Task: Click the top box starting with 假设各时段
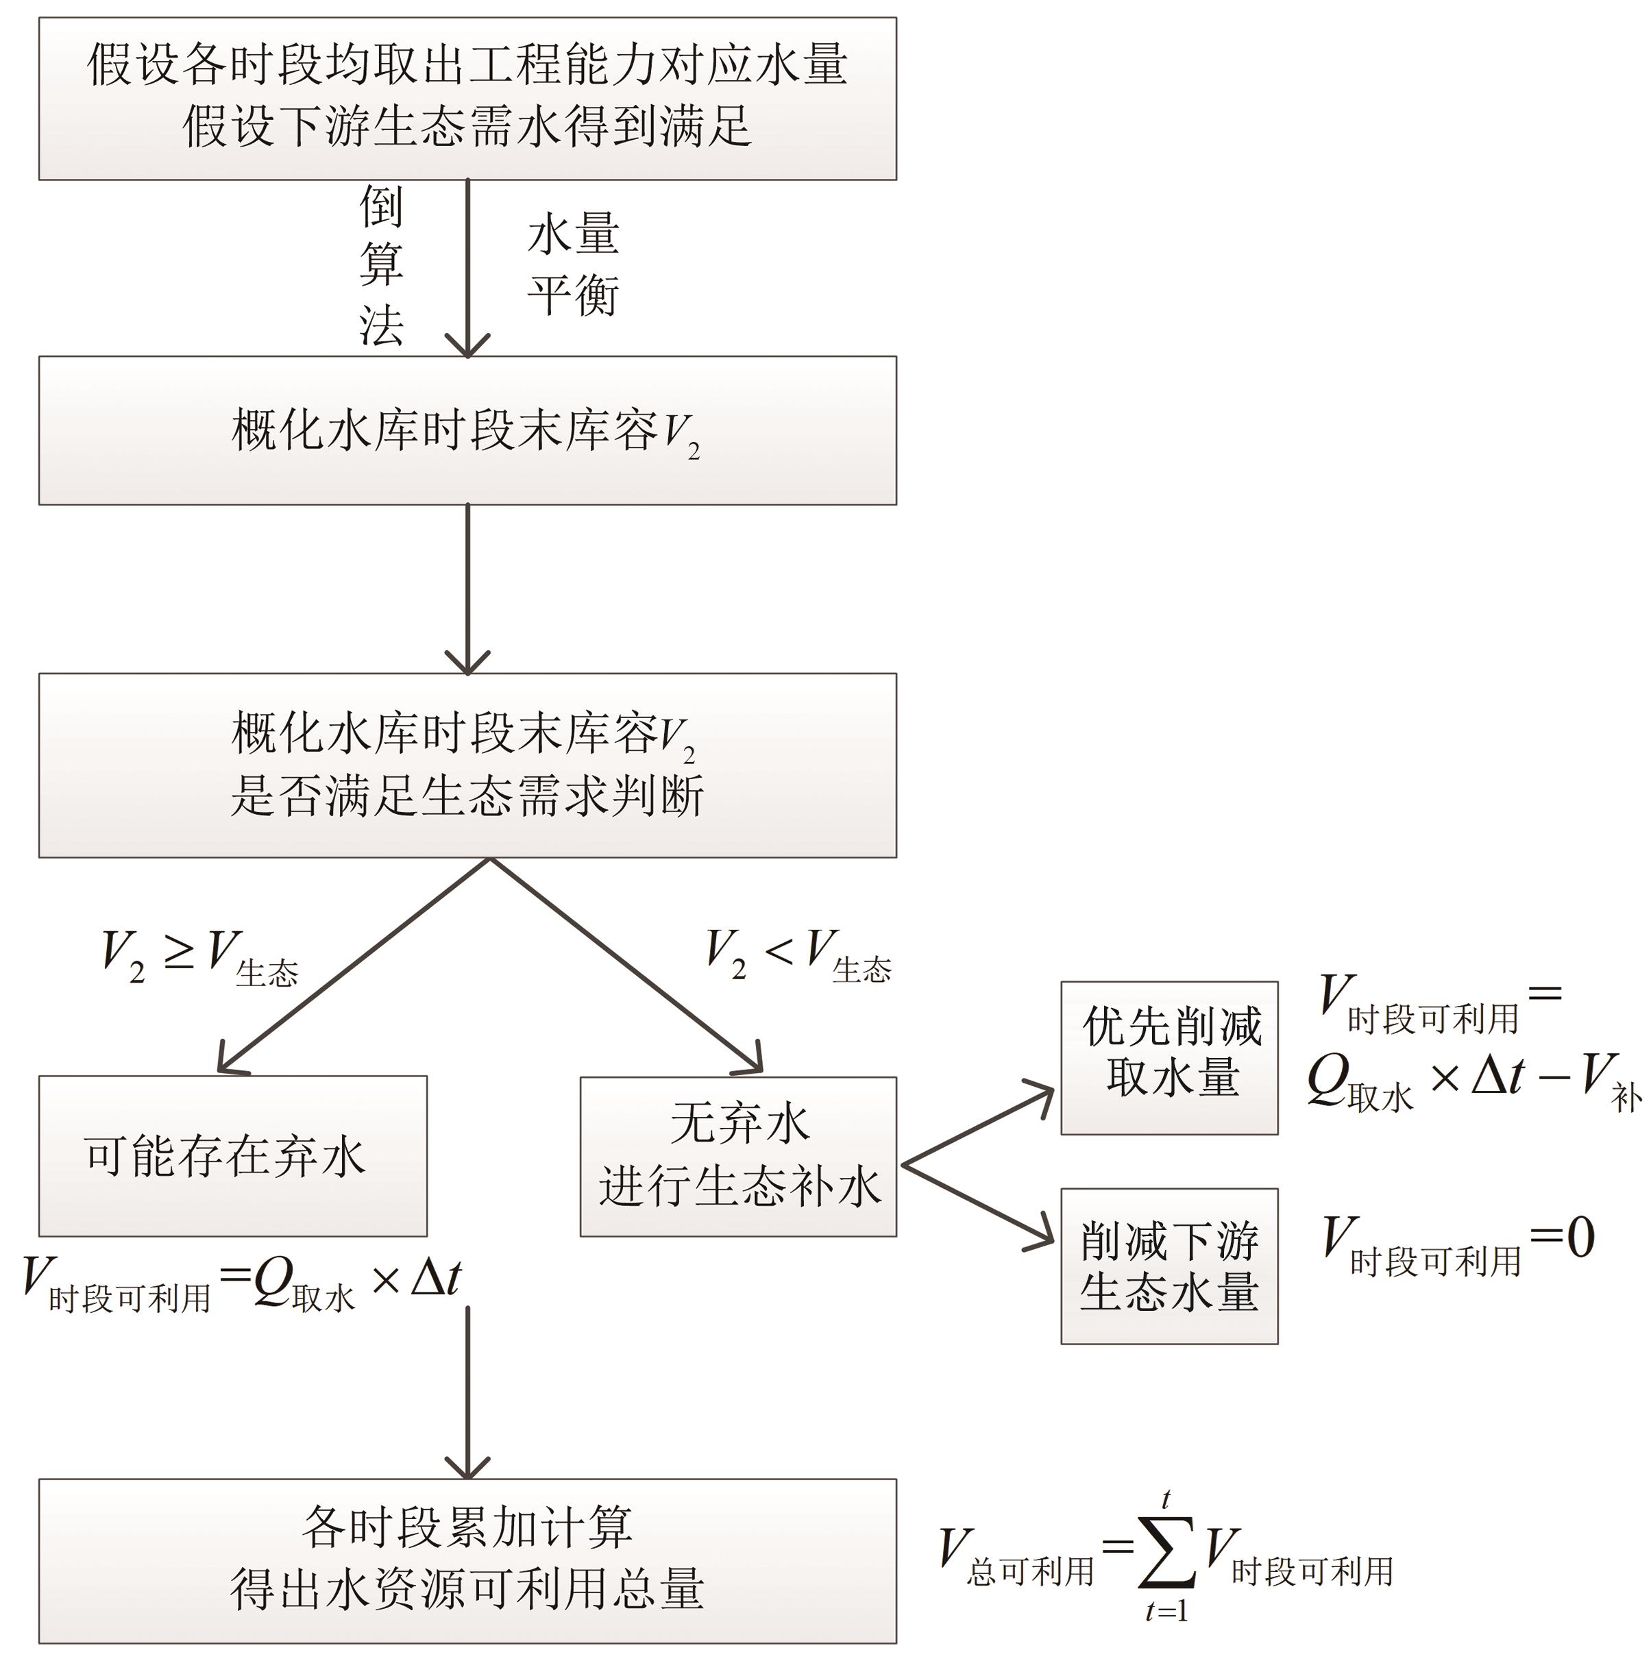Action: tap(467, 98)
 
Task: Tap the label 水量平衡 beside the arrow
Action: tap(573, 264)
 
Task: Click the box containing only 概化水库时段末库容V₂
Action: tap(467, 430)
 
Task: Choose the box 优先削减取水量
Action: tap(1169, 1057)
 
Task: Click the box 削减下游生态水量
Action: tap(1169, 1266)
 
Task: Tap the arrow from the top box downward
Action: tap(467, 267)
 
